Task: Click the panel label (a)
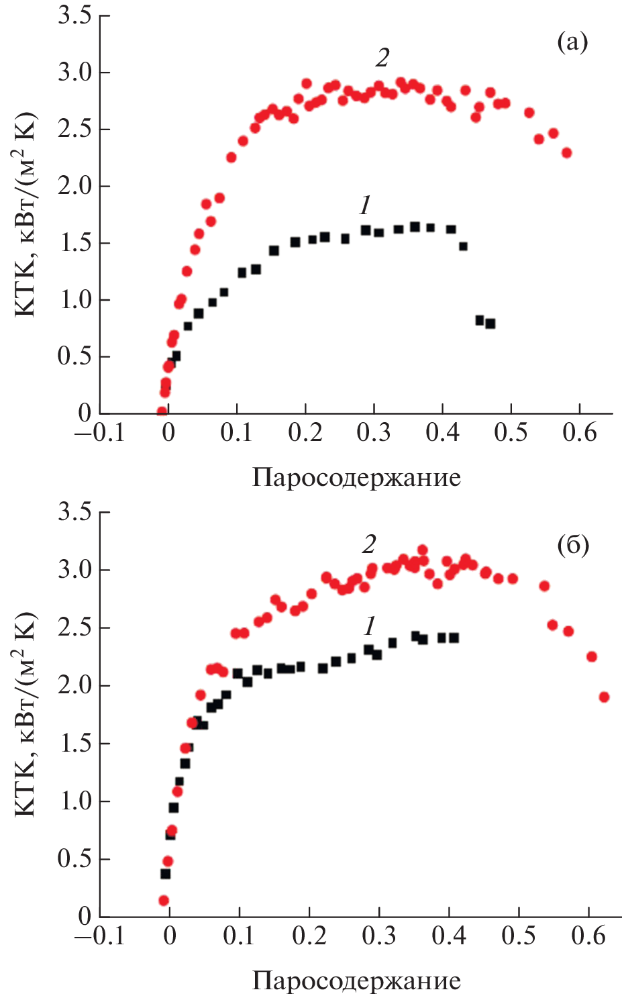(572, 42)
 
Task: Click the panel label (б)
(572, 545)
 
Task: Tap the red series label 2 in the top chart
(382, 58)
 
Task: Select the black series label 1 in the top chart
(365, 205)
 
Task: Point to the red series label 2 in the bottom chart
(369, 544)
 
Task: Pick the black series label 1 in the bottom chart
(369, 626)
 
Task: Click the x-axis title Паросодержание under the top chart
(356, 478)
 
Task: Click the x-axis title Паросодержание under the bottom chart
(356, 981)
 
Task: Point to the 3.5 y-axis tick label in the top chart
(74, 15)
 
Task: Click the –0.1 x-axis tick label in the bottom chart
(100, 935)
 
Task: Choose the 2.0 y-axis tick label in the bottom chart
(74, 686)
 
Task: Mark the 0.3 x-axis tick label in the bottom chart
(379, 935)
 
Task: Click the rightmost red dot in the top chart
(566, 153)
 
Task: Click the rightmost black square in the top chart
(490, 323)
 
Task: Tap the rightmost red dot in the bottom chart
(604, 697)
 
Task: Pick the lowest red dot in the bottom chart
(163, 901)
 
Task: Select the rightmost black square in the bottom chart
(454, 638)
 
